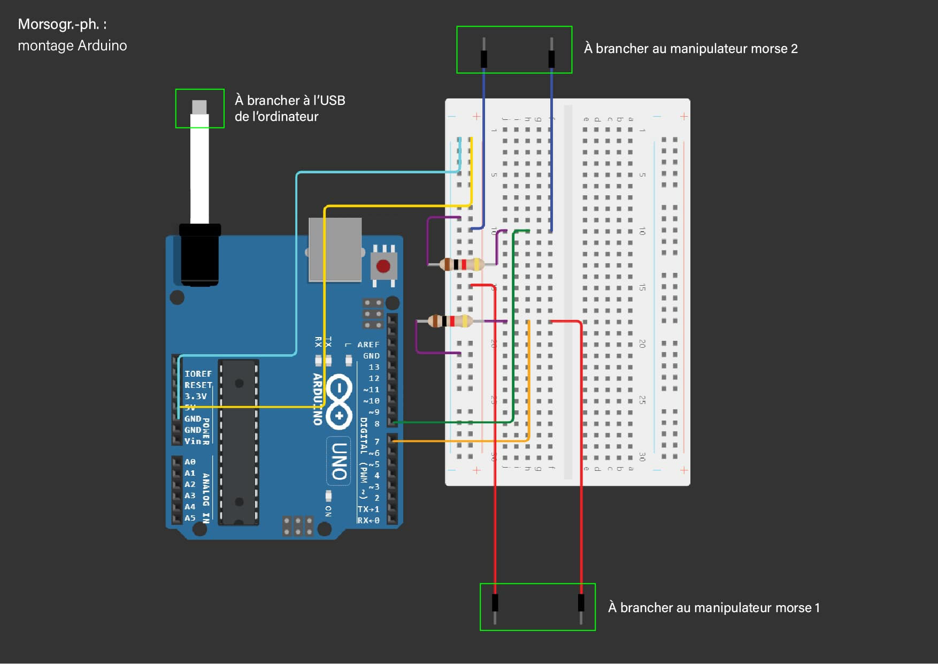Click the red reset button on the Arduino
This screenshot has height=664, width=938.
pos(383,266)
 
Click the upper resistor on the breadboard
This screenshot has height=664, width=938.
pos(462,264)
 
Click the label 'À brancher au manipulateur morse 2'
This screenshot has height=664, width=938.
pos(690,49)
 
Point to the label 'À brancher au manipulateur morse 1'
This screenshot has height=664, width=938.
pos(713,608)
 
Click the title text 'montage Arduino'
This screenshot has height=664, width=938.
pos(72,45)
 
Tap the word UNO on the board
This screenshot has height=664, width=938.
pos(339,461)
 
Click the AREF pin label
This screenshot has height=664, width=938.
pos(368,345)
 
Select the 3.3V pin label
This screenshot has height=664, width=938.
pos(195,396)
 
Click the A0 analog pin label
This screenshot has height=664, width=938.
pos(190,462)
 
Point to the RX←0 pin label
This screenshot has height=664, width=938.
pos(368,520)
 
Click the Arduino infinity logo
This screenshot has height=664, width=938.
pos(339,401)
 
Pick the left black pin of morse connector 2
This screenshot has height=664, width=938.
pos(484,58)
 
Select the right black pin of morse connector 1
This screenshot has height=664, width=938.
pos(581,602)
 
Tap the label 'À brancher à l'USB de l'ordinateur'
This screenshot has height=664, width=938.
pos(289,108)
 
